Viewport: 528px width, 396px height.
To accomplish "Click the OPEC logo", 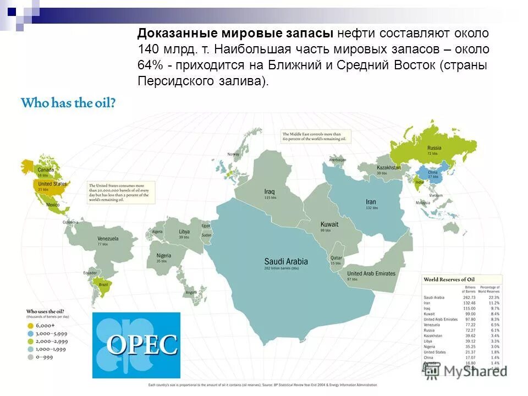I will pyautogui.click(x=136, y=345).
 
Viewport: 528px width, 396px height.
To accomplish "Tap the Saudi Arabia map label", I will pyautogui.click(x=286, y=262).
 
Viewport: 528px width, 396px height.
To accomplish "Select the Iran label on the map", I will pyautogui.click(x=371, y=202).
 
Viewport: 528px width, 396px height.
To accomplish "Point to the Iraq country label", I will pyautogui.click(x=269, y=191).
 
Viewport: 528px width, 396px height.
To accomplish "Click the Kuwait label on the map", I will pyautogui.click(x=330, y=224).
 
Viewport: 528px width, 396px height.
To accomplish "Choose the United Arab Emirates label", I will pyautogui.click(x=371, y=273).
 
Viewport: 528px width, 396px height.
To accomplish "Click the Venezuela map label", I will pyautogui.click(x=108, y=239).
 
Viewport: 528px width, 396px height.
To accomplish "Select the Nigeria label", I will pyautogui.click(x=163, y=256).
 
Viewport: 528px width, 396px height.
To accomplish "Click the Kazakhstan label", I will pyautogui.click(x=389, y=167).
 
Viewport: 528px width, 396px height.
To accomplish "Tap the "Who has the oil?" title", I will pyautogui.click(x=68, y=103).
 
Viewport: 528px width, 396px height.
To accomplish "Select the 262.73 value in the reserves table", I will pyautogui.click(x=469, y=297).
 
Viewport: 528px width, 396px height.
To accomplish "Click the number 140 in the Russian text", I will pyautogui.click(x=147, y=48).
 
